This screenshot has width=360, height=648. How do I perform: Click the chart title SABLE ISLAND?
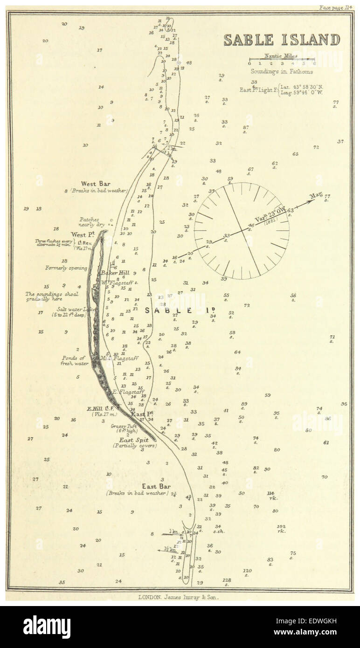(282, 40)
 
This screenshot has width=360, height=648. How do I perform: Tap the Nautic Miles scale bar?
(282, 60)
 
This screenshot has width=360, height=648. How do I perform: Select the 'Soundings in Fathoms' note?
(282, 72)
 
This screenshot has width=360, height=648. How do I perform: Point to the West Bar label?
(96, 184)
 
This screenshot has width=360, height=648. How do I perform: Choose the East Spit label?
(134, 440)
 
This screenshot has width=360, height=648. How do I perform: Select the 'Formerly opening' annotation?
(66, 268)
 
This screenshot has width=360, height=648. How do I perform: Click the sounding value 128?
(227, 580)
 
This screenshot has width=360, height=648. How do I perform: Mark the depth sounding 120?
(247, 571)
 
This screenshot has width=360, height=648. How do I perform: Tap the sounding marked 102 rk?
(281, 528)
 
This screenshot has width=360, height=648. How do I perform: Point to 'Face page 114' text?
(335, 8)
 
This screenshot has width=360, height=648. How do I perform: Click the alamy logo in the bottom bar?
(47, 627)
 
